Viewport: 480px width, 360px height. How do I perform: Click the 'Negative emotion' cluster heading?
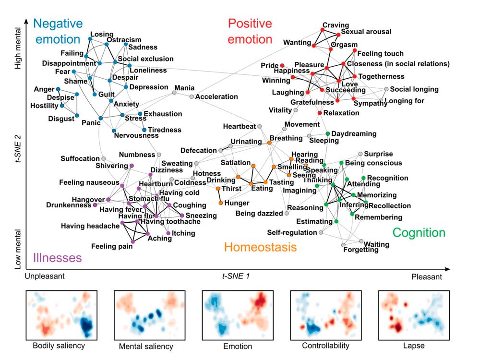coord(58,31)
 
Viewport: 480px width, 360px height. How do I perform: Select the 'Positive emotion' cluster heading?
coord(250,31)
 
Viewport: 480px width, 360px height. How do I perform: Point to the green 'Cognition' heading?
coord(419,233)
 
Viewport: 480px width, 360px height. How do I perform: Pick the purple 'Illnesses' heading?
coord(57,258)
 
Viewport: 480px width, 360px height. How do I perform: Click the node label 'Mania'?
coord(184,88)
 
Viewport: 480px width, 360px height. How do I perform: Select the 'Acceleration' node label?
coord(216,96)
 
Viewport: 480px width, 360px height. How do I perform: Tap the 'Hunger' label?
coord(237,203)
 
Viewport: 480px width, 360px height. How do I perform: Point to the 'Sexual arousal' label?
coord(366,32)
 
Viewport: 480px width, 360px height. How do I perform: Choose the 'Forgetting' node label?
coord(361,250)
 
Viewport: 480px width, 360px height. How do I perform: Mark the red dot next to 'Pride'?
coord(282,65)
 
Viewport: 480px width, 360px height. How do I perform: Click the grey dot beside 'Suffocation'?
coord(103,158)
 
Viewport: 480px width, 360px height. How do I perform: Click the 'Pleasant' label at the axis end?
coord(426,277)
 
